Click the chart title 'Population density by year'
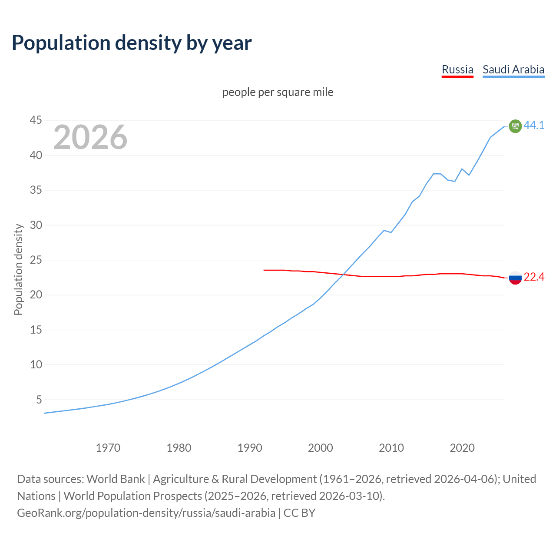(x=132, y=43)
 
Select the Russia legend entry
(x=457, y=69)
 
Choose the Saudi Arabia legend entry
(x=513, y=69)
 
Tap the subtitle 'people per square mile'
(x=278, y=92)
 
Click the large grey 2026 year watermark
(x=90, y=137)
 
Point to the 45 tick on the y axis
(x=36, y=120)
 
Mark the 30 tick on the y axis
(x=36, y=225)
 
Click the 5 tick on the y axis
(x=39, y=400)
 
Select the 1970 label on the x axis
(x=108, y=448)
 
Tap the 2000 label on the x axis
(x=321, y=448)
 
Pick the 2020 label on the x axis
(x=462, y=448)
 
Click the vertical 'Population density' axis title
(x=18, y=269)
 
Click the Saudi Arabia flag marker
(x=515, y=126)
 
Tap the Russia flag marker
(x=515, y=278)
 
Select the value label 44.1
(x=534, y=125)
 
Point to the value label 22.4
(x=534, y=277)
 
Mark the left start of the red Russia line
(x=264, y=270)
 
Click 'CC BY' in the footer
(x=299, y=513)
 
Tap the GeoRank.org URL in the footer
(x=146, y=513)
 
